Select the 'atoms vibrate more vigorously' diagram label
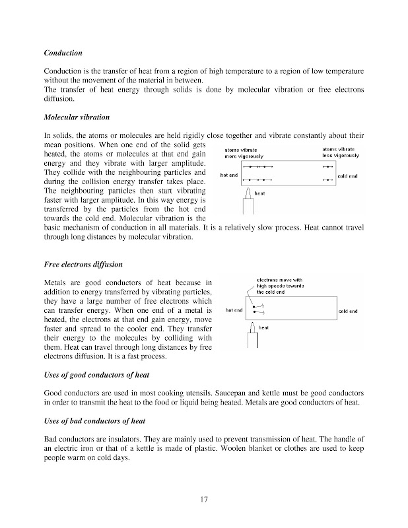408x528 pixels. pyautogui.click(x=246, y=153)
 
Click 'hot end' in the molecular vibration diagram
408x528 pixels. pyautogui.click(x=229, y=175)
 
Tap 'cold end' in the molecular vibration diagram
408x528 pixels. pyautogui.click(x=348, y=176)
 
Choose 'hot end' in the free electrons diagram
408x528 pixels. pyautogui.click(x=234, y=310)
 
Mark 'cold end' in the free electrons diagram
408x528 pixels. pyautogui.click(x=348, y=311)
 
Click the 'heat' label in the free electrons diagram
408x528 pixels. pyautogui.click(x=263, y=327)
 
